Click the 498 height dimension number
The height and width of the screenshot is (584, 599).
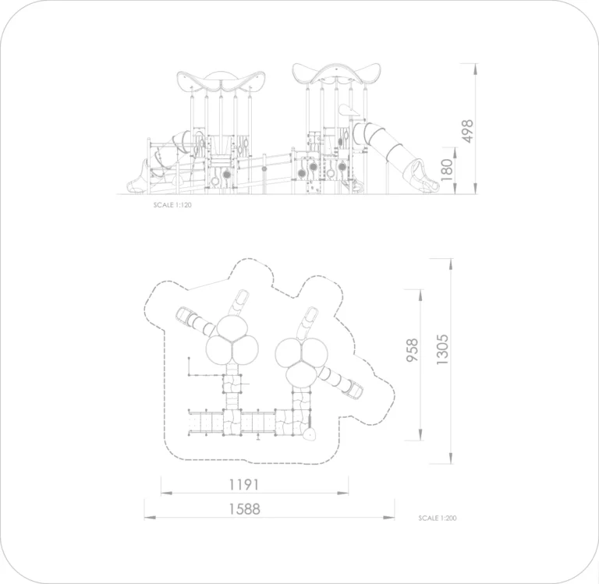468,131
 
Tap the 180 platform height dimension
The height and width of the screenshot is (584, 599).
447,169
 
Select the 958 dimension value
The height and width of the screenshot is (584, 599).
412,350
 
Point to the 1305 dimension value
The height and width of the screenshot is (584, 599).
442,349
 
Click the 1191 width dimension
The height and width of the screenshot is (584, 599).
243,485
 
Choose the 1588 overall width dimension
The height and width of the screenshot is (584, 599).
244,508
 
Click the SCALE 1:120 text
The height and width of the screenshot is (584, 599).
172,205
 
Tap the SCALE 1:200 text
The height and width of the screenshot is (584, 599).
438,518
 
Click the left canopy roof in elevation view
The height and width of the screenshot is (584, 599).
221,81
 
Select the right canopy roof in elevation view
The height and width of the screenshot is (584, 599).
337,74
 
